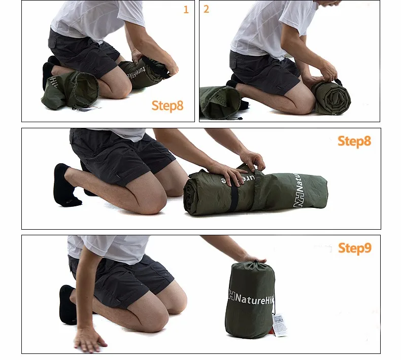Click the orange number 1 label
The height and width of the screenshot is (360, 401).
point(186,10)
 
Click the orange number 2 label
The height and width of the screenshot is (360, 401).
point(206,9)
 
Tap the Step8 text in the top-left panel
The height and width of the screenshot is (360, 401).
point(168,106)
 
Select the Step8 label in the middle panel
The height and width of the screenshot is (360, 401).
point(354,141)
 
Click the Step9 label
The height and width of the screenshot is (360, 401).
point(355,248)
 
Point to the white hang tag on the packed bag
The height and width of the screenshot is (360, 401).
point(280,325)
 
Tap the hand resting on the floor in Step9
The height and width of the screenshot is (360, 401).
point(89,340)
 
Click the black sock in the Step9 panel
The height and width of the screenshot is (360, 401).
point(67,305)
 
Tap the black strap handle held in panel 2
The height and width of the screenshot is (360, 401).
point(337,81)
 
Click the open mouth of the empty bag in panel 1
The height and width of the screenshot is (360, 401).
point(86,89)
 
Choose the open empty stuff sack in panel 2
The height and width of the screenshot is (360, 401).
point(220,102)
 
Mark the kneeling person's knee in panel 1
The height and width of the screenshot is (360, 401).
point(120,86)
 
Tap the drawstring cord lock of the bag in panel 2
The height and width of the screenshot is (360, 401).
point(240,118)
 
